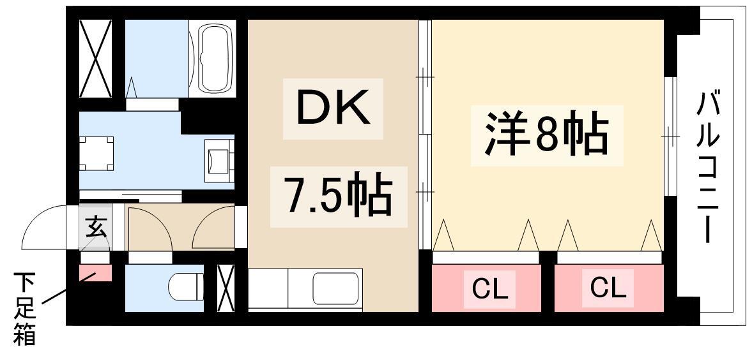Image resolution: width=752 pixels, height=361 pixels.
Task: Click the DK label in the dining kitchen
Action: coord(333,108)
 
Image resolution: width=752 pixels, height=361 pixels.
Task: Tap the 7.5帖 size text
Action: coord(339,197)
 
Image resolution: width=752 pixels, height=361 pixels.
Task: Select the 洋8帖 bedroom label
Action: coord(546,136)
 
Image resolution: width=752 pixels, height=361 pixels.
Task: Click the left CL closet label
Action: coord(489,288)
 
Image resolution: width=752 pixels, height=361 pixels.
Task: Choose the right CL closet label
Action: coord(608,287)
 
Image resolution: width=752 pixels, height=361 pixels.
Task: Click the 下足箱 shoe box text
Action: coord(24,309)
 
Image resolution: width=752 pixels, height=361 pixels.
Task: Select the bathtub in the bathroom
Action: coord(215,59)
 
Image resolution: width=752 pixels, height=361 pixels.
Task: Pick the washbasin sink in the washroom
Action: coord(220,161)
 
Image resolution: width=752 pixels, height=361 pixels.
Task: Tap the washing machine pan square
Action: coord(96,153)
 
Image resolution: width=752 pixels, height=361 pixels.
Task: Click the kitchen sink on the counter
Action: coord(335,288)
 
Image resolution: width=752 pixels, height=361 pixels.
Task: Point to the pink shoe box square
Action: coord(95,272)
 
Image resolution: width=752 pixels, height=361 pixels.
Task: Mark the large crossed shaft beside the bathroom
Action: coord(95,59)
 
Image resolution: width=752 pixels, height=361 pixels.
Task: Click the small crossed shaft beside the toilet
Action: coord(226,288)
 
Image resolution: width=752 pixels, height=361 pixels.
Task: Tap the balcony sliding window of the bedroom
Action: coord(670,136)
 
